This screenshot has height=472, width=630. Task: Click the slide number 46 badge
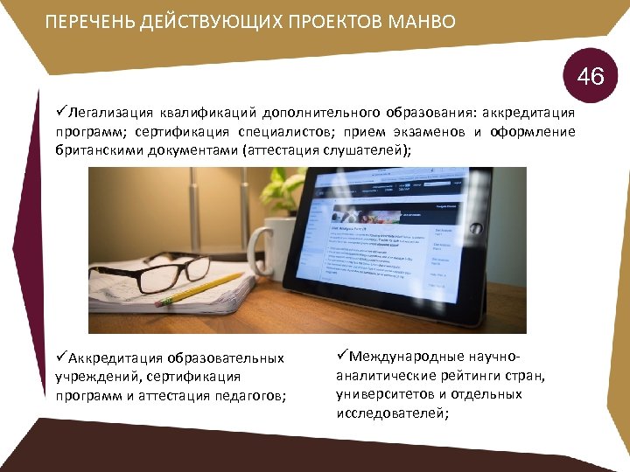(x=591, y=76)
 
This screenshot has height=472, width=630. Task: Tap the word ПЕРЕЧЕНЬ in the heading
(x=89, y=21)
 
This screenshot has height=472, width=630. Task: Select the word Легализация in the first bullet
(x=106, y=113)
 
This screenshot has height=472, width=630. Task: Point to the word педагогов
(x=253, y=395)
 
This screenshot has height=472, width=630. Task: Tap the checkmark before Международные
(x=343, y=357)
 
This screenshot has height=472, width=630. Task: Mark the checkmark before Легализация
(x=62, y=112)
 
